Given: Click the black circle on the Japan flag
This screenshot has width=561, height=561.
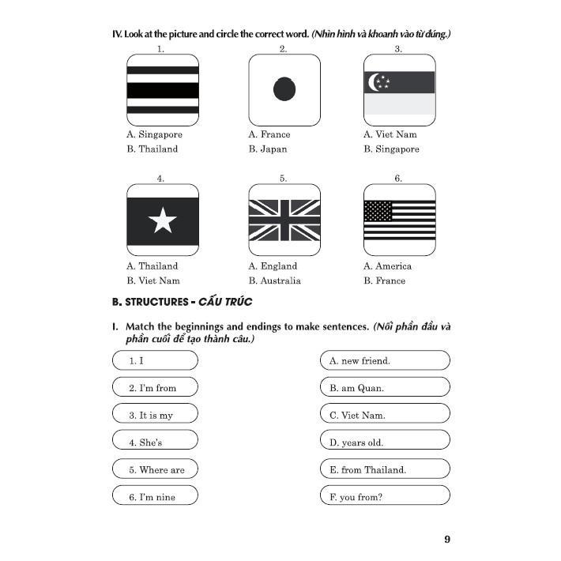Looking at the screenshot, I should pyautogui.click(x=284, y=89).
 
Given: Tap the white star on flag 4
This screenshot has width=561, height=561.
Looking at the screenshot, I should pyautogui.click(x=162, y=220).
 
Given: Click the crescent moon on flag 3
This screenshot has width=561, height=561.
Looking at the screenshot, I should pyautogui.click(x=374, y=81).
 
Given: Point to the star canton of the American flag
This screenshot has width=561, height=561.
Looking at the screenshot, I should pyautogui.click(x=378, y=211).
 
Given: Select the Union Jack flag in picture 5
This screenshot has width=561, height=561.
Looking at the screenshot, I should pyautogui.click(x=284, y=220).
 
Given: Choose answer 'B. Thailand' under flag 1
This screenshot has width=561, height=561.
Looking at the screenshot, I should pyautogui.click(x=152, y=149).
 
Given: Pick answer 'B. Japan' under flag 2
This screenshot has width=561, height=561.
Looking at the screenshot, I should pyautogui.click(x=268, y=149).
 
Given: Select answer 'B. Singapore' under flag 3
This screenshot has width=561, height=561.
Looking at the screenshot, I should pyautogui.click(x=391, y=149).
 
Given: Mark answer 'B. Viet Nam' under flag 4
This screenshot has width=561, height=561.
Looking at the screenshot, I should pyautogui.click(x=153, y=280).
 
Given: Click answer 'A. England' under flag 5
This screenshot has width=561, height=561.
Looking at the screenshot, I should pyautogui.click(x=273, y=266).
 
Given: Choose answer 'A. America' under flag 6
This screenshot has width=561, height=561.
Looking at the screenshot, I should pyautogui.click(x=387, y=266).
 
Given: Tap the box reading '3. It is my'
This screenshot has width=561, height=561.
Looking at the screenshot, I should pyautogui.click(x=155, y=415).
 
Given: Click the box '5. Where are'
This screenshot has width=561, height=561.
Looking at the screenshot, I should pyautogui.click(x=155, y=470).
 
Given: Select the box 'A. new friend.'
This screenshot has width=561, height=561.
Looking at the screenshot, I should pyautogui.click(x=385, y=360).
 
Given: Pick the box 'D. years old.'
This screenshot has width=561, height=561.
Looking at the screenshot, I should pyautogui.click(x=385, y=442).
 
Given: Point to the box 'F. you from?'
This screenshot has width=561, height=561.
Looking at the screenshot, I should pyautogui.click(x=385, y=496).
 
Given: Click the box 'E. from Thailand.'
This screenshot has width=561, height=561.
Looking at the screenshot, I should pyautogui.click(x=385, y=470).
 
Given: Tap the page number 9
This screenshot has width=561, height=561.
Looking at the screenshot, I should pyautogui.click(x=447, y=540).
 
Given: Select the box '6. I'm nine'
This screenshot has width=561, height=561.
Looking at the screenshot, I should pyautogui.click(x=155, y=496).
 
